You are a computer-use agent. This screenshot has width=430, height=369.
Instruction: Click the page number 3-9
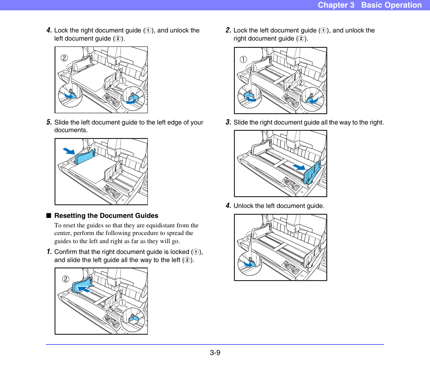click(215, 353)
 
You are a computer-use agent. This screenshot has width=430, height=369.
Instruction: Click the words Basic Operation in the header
click(391, 5)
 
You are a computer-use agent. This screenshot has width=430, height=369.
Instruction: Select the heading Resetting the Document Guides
click(106, 216)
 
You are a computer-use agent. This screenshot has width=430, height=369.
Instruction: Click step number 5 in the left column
click(49, 122)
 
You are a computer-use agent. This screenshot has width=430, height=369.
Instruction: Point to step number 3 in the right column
click(228, 122)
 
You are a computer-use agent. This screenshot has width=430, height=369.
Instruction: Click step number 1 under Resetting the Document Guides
click(49, 252)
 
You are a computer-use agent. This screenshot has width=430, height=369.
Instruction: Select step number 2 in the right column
click(228, 30)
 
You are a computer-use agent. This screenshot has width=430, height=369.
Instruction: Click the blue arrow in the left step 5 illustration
click(69, 151)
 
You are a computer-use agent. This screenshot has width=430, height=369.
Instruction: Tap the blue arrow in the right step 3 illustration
click(298, 167)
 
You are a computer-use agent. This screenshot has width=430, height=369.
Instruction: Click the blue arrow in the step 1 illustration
click(83, 289)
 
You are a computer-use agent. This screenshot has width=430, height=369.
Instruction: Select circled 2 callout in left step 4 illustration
click(64, 58)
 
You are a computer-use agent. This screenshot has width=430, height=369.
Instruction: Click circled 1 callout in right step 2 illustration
click(243, 60)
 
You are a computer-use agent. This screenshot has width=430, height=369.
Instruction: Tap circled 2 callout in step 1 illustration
click(66, 279)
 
